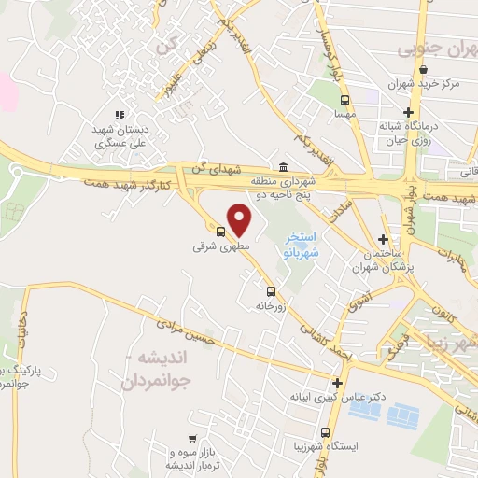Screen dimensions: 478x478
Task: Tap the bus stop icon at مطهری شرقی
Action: [x=221, y=232]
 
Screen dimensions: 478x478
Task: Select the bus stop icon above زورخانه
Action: [x=271, y=290]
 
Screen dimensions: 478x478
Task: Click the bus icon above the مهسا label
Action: [x=344, y=99]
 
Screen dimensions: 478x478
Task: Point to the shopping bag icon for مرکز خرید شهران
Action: [x=424, y=68]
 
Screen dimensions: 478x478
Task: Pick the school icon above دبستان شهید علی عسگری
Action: [x=119, y=115]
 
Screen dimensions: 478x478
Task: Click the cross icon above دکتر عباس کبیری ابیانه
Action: [x=337, y=382]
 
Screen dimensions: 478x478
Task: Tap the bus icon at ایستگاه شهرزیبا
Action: [x=325, y=432]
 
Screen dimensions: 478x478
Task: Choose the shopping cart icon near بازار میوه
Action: [x=192, y=439]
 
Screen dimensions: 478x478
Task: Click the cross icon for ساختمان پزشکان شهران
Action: [x=383, y=240]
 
